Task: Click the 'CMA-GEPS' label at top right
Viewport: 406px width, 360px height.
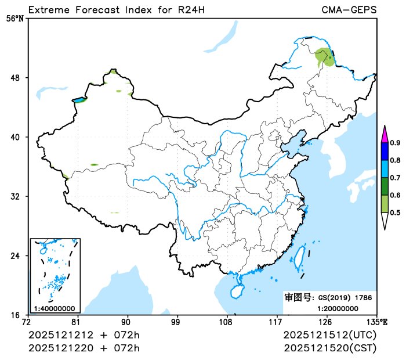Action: tap(349, 10)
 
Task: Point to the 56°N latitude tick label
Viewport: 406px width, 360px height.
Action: tap(15, 19)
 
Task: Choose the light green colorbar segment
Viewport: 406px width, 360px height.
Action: tap(384, 204)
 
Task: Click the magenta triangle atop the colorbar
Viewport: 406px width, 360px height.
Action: tap(384, 134)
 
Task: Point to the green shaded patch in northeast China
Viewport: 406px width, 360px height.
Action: tap(325, 58)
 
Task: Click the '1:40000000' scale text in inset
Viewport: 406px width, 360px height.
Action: tap(54, 308)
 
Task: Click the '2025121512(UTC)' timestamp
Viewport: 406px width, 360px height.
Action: tap(330, 336)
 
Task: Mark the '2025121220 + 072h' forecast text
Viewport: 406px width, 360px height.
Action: tap(84, 348)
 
